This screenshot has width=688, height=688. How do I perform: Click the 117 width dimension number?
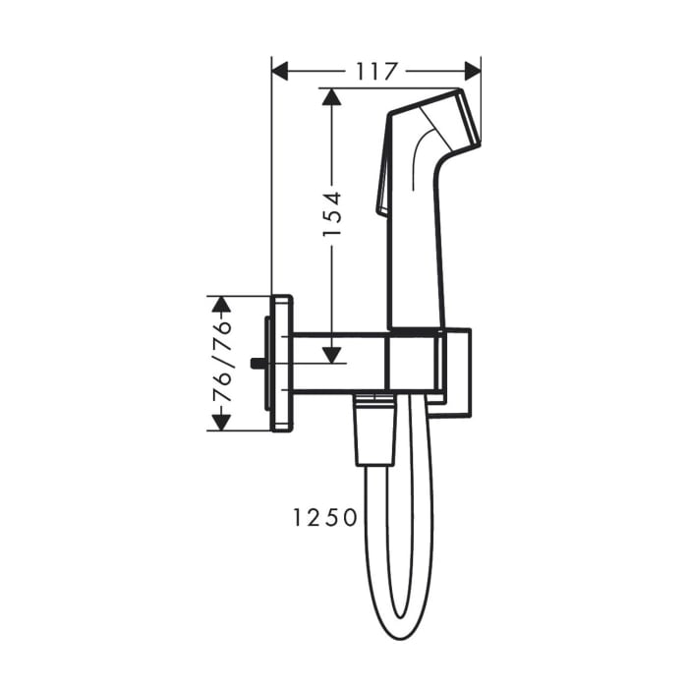tap(376, 71)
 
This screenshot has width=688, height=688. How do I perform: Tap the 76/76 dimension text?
tap(223, 363)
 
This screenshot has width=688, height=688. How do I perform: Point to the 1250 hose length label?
tap(323, 517)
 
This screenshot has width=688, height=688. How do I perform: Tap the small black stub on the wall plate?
tap(258, 363)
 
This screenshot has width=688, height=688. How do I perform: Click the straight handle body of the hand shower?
tap(417, 256)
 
